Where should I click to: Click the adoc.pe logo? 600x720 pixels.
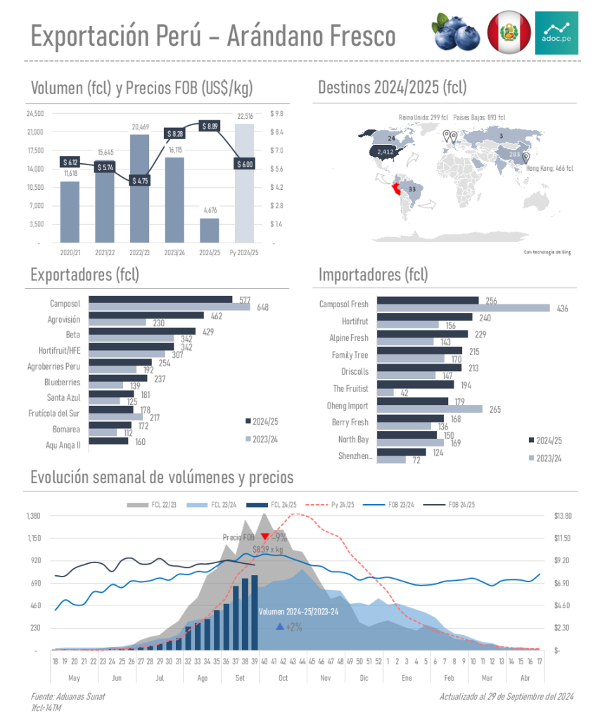pyautogui.click(x=556, y=32)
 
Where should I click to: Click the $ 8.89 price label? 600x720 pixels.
pyautogui.click(x=210, y=126)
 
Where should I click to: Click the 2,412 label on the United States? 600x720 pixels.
pyautogui.click(x=385, y=151)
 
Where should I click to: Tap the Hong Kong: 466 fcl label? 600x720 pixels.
pyautogui.click(x=549, y=168)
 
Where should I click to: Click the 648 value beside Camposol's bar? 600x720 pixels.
pyautogui.click(x=263, y=307)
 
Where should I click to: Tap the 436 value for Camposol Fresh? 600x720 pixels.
pyautogui.click(x=562, y=308)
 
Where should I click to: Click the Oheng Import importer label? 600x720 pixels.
pyautogui.click(x=347, y=406)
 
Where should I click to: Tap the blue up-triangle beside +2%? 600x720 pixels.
pyautogui.click(x=280, y=626)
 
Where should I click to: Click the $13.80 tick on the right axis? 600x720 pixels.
pyautogui.click(x=563, y=516)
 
